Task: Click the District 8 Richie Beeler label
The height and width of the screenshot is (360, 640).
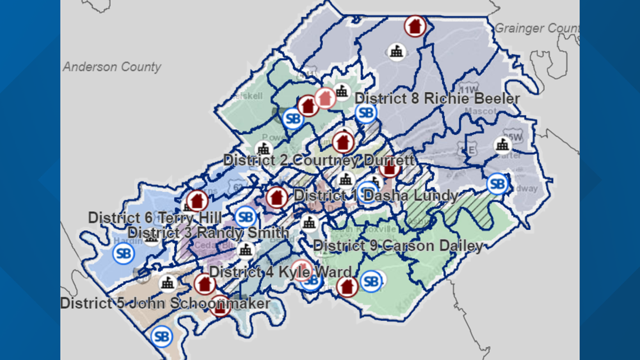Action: coord(437,98)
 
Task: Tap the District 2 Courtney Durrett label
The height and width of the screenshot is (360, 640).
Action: coord(318,160)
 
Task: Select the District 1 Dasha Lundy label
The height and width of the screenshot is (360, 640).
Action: coord(375,195)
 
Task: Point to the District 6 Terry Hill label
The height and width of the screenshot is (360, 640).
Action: coord(154,217)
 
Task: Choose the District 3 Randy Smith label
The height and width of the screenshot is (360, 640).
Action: coord(208,232)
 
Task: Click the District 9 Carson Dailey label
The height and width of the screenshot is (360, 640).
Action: coord(397,246)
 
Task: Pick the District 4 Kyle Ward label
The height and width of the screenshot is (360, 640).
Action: coord(280,272)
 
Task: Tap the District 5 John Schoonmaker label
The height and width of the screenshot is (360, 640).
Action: coord(165,303)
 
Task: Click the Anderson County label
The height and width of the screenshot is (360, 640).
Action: coord(112,67)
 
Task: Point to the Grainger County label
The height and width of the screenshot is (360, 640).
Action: coord(536,28)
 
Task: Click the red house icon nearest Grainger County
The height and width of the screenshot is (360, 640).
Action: coord(415,26)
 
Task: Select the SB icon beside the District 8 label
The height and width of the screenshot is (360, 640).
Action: coord(365,113)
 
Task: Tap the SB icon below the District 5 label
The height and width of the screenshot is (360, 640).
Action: coord(162,336)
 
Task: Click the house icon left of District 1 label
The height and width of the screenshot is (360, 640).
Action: coord(276,198)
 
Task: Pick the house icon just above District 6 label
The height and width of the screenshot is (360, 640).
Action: coord(197,200)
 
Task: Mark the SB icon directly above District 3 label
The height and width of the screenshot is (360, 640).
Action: coord(245,216)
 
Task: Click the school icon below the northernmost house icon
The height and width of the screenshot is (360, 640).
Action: coord(397,52)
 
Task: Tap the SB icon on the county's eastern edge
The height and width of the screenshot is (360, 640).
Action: coord(497,184)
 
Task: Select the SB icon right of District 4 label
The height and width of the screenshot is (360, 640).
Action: coord(371,281)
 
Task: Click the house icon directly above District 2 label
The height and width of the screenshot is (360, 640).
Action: coord(343,142)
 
